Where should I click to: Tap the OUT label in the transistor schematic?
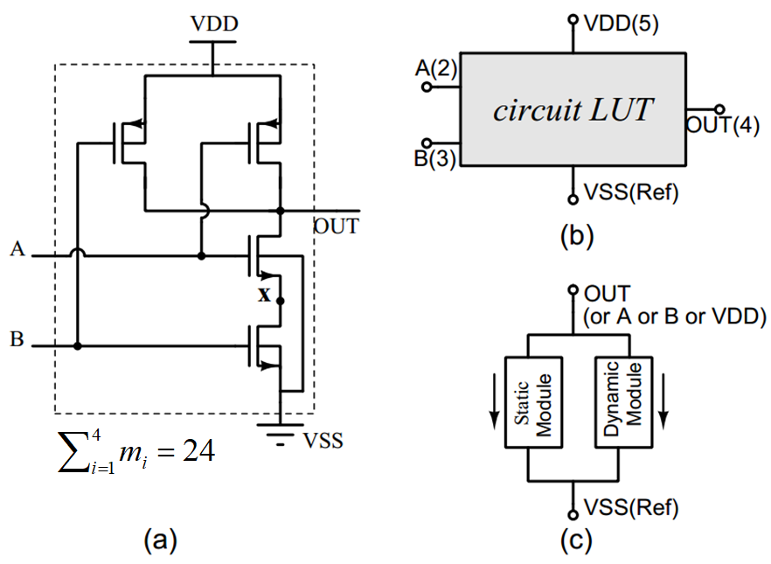click(337, 226)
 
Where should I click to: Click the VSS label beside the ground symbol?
click(323, 442)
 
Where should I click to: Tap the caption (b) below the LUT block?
click(573, 234)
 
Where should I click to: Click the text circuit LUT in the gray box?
click(573, 111)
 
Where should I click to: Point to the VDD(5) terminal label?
click(622, 21)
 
